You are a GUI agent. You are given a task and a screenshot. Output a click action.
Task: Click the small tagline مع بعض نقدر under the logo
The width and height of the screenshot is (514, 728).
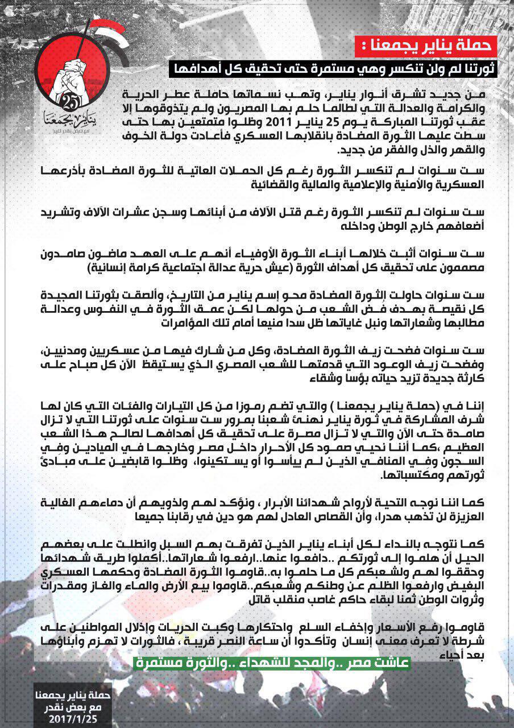(68, 129)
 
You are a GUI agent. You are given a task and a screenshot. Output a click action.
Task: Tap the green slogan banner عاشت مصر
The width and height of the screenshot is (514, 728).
(271, 663)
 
